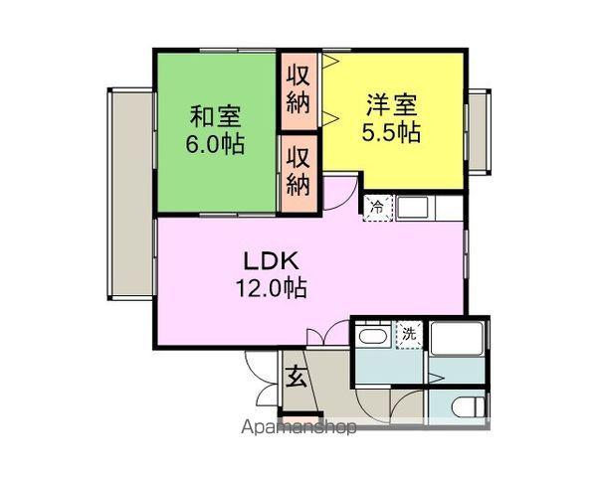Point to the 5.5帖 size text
392,131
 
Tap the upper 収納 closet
298,88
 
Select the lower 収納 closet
298,171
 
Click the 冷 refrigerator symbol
378,208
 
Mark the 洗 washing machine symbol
409,335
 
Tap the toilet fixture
468,406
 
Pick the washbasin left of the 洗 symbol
374,337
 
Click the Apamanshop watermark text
298,428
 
